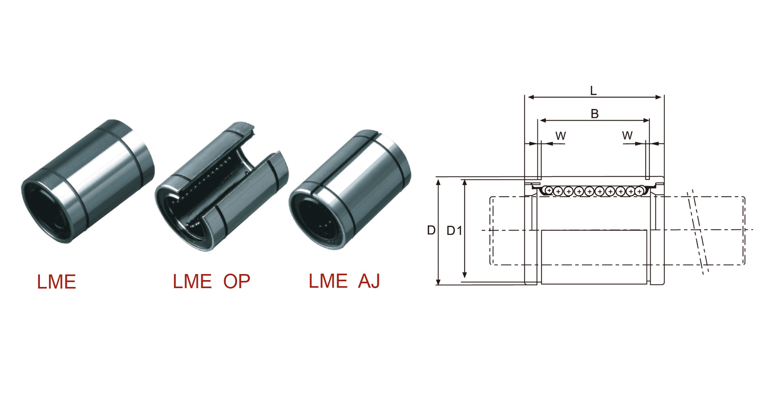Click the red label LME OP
tap(211, 281)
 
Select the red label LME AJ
tap(344, 281)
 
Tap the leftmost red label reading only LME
tap(56, 282)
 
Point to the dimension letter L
tap(593, 90)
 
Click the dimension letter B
tap(595, 114)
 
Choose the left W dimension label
tap(560, 136)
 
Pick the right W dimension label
tap(627, 135)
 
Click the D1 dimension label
tap(454, 231)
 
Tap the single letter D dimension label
tap(431, 230)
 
